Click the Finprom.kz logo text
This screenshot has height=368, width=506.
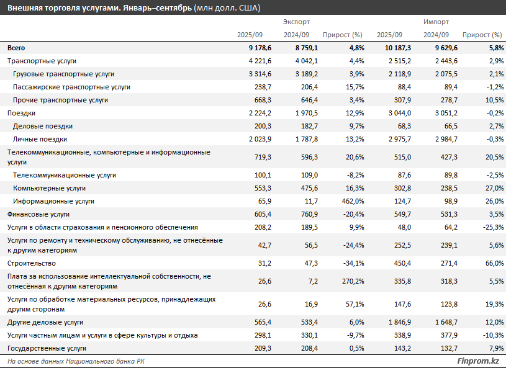coord(478,361)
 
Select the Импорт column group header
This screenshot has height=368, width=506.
coord(436,22)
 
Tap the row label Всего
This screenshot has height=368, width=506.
coord(17,48)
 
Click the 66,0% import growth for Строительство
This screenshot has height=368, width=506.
coord(490,263)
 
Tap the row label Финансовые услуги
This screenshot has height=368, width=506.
coord(38,214)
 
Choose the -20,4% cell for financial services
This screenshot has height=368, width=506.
coord(350,214)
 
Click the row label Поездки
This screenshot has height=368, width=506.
coord(21,113)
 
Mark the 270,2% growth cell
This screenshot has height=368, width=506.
coord(350,280)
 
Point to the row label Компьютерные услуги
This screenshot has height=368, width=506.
coord(49,188)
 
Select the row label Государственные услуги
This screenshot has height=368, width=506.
coord(47,349)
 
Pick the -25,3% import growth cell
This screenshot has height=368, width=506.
coord(489,227)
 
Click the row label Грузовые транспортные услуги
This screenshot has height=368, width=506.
coord(63,74)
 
